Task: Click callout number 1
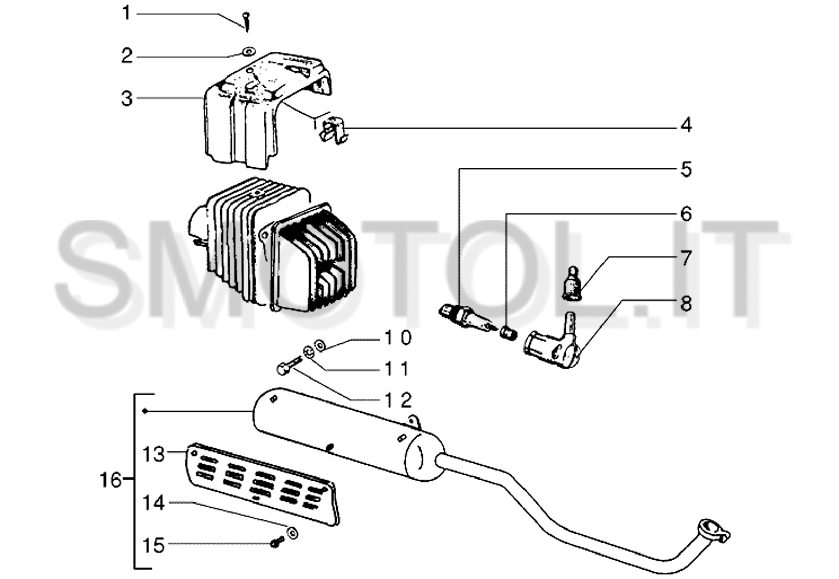coord(126,13)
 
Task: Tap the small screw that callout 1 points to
coord(247,22)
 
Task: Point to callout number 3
coord(127,98)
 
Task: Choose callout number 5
coord(686,169)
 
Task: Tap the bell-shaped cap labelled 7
coord(572,283)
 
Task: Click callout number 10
coord(398,337)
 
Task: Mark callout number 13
coord(153,454)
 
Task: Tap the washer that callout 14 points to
coord(292,533)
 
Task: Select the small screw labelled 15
coord(277,542)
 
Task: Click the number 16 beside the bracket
coord(111,480)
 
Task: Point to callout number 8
coord(686,304)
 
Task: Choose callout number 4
coord(686,125)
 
